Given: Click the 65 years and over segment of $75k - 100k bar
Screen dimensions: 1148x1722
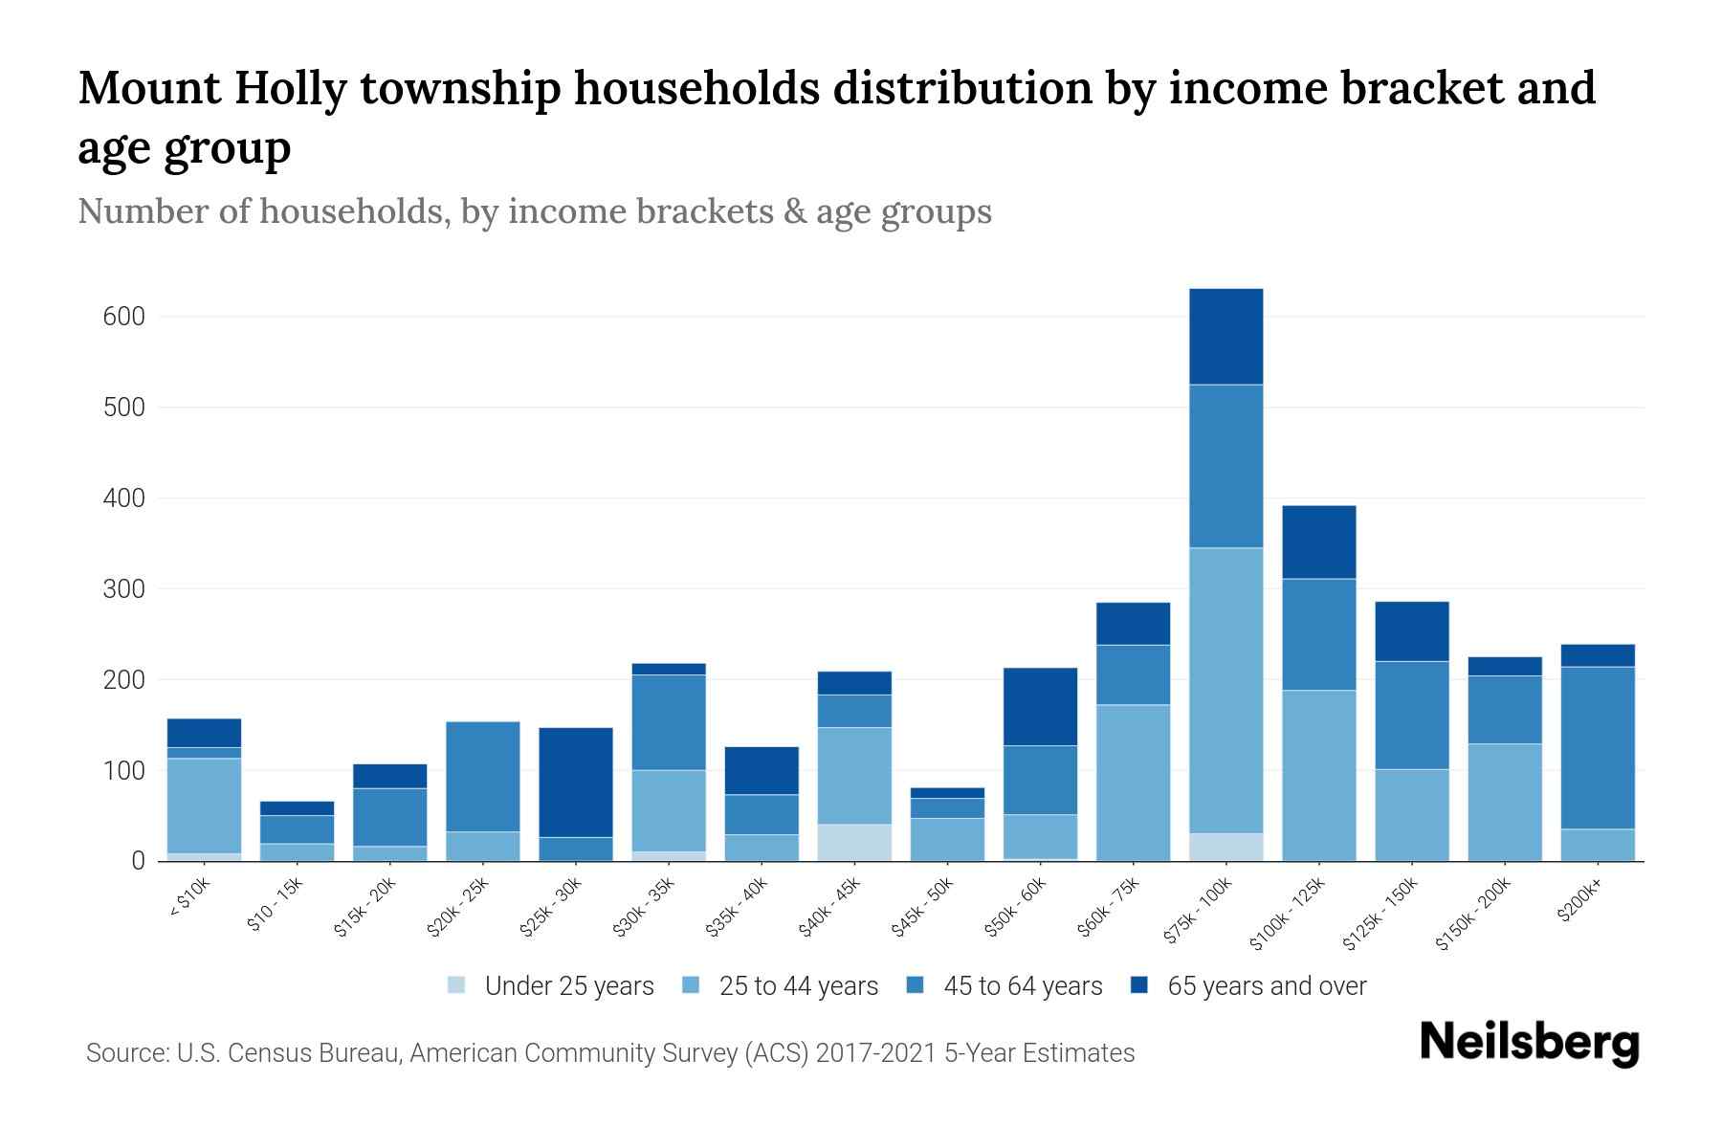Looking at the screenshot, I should click(x=1225, y=337).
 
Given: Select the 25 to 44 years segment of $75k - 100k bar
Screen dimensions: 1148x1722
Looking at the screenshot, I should click(x=1225, y=690).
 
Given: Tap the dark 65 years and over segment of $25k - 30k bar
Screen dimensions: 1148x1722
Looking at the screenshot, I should click(x=576, y=783).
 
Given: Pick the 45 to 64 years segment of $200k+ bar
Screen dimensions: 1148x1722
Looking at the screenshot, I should click(x=1598, y=747).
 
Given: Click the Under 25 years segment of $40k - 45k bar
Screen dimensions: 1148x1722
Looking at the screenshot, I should click(x=854, y=842).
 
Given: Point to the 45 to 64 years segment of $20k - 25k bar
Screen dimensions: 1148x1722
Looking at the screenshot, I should click(x=483, y=776).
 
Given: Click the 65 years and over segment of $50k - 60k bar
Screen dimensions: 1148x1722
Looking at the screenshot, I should click(x=1040, y=706).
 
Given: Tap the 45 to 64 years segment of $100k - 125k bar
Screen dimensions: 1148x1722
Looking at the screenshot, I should click(x=1319, y=634).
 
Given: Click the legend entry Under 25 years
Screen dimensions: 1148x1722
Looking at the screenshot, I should click(x=568, y=986).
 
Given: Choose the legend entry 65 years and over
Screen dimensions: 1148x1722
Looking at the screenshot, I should click(x=1266, y=986).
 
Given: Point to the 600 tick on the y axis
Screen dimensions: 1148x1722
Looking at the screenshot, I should click(x=123, y=317).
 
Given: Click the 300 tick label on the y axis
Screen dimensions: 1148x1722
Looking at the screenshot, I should click(x=123, y=589).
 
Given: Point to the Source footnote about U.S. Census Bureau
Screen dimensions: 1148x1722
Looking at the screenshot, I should click(x=610, y=1053).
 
